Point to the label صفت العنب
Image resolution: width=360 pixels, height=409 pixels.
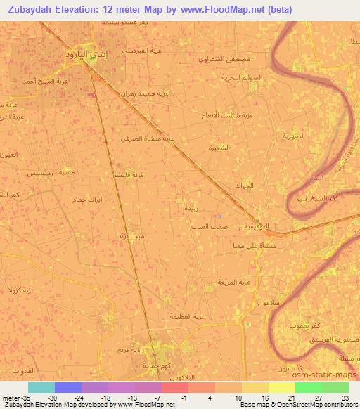[x=207, y=227]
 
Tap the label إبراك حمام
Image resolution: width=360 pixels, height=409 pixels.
[x=68, y=200]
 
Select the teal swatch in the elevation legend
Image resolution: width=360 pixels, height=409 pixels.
[x=41, y=387]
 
